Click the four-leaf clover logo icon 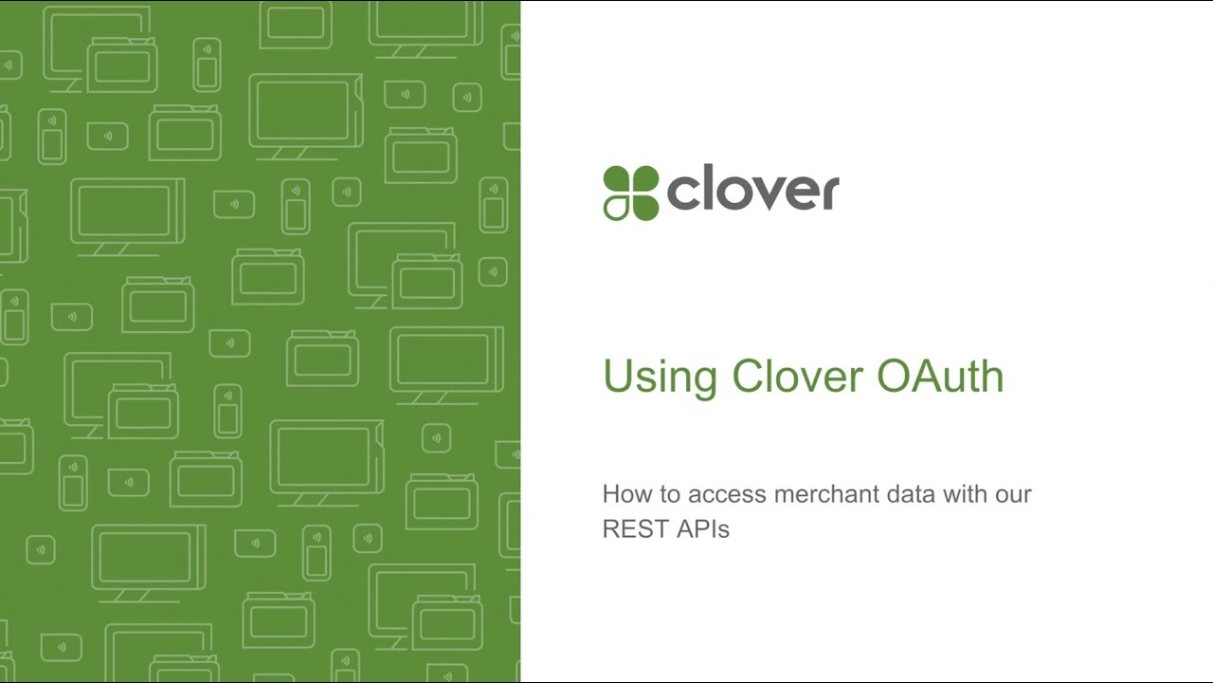click(631, 193)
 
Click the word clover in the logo click(753, 193)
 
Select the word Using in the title click(661, 377)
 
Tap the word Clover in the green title click(797, 376)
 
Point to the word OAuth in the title click(940, 376)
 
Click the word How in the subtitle click(624, 494)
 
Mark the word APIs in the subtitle click(703, 529)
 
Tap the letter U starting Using click(617, 376)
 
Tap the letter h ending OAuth click(992, 376)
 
